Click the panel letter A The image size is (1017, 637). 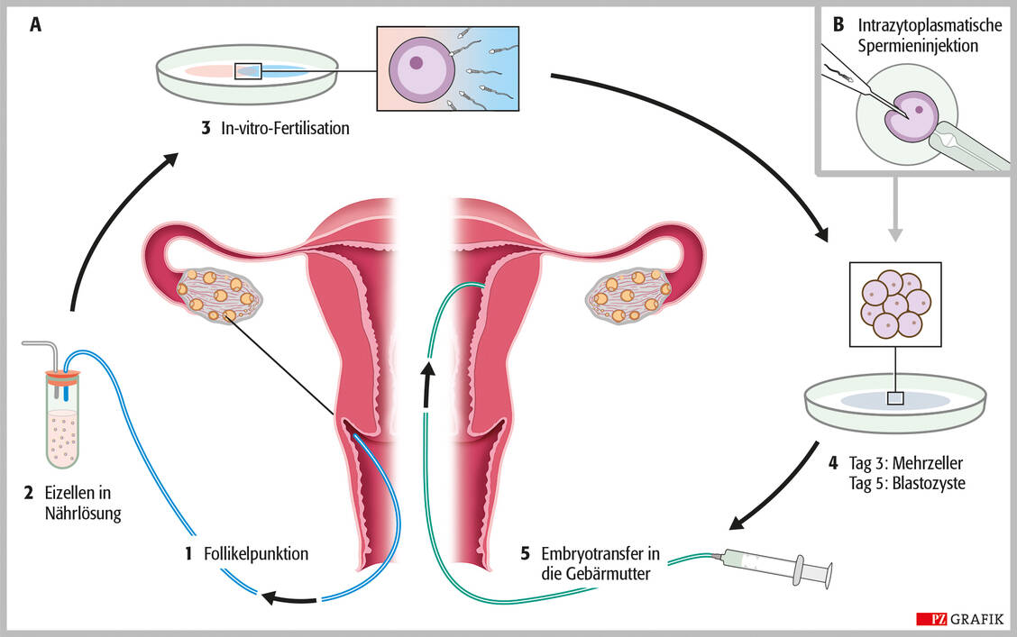(36, 25)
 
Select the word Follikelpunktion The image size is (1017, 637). (256, 554)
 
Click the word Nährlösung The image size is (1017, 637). (82, 514)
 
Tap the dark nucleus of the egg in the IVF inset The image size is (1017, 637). (417, 63)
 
